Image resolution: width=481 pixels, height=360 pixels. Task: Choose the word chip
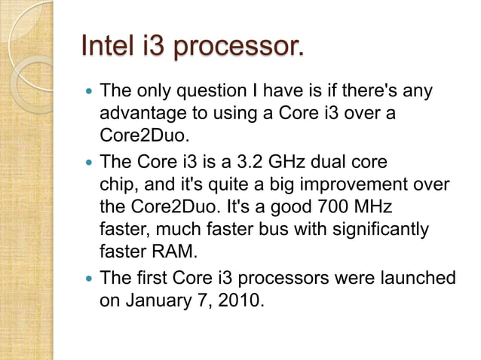pos(115,185)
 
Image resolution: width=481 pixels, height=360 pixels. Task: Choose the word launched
pos(418,278)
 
